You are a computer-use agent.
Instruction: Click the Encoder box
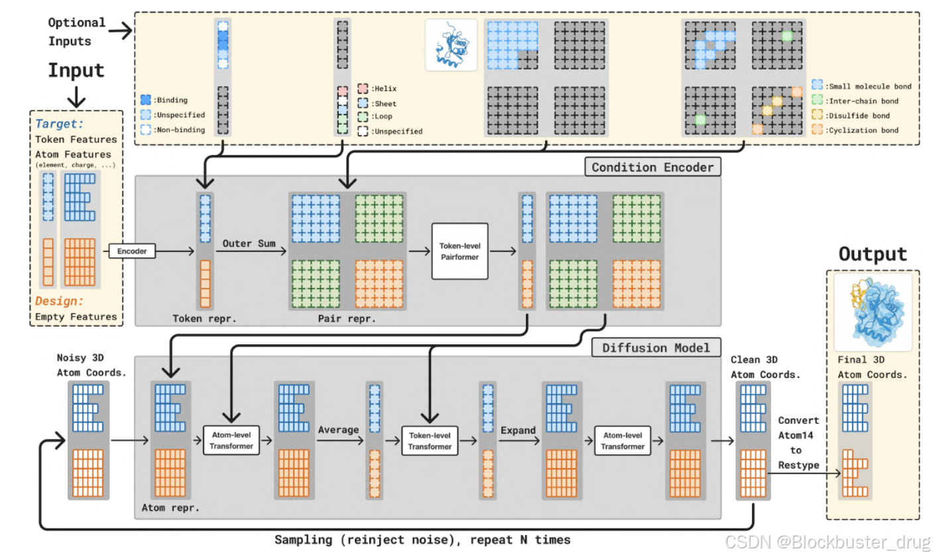click(132, 251)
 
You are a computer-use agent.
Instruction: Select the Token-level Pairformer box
click(460, 251)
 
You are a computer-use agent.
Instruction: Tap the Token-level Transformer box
click(430, 441)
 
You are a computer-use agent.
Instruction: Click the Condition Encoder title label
click(653, 167)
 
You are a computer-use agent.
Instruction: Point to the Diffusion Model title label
click(655, 347)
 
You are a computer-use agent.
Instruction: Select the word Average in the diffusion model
click(338, 430)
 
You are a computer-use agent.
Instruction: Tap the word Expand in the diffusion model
click(518, 430)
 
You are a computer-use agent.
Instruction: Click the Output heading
click(872, 254)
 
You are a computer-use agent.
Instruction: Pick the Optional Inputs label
click(77, 31)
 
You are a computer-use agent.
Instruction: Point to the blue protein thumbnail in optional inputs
click(451, 45)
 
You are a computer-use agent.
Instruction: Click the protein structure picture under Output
click(873, 312)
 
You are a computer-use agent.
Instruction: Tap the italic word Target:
click(60, 123)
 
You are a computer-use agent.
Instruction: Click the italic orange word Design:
click(60, 301)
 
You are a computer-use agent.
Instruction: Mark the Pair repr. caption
click(346, 318)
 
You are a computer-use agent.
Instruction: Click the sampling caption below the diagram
click(422, 540)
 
